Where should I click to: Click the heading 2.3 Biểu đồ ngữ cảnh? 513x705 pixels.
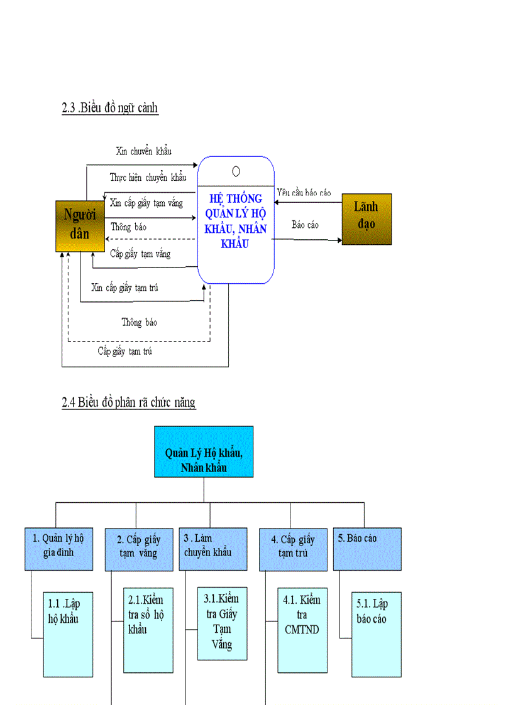click(x=110, y=108)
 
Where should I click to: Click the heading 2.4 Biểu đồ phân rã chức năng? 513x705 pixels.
click(x=129, y=402)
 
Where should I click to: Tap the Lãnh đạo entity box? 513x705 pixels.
click(x=367, y=218)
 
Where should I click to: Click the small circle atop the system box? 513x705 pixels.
click(x=236, y=171)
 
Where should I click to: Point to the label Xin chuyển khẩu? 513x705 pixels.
click(x=144, y=151)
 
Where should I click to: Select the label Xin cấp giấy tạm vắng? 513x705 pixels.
click(x=146, y=203)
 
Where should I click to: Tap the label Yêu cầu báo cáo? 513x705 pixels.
click(x=304, y=193)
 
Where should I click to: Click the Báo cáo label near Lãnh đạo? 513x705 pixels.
click(x=305, y=224)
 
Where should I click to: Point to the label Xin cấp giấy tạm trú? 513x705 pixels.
click(x=124, y=288)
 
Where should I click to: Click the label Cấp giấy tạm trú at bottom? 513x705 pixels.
click(x=124, y=351)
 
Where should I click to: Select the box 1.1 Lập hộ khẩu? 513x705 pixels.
click(x=67, y=633)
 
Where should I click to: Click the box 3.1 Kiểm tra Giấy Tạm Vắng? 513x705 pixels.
click(x=223, y=623)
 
